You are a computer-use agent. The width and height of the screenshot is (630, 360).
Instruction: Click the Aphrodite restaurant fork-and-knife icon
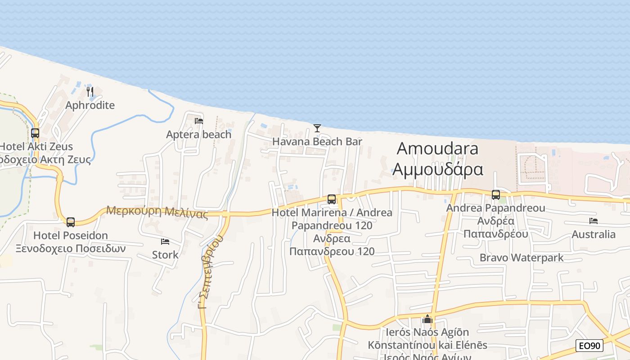[90, 92]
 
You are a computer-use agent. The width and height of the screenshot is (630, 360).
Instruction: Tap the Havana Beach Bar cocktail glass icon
[317, 128]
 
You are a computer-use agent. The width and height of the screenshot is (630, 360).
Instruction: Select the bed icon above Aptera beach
[199, 121]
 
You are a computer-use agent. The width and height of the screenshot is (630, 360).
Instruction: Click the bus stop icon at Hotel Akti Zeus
[35, 133]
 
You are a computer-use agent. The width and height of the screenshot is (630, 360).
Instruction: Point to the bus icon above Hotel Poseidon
[71, 222]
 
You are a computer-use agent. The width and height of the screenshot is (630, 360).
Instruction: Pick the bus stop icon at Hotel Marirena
[332, 199]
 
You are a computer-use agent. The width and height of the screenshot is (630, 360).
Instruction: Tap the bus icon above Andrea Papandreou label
[496, 194]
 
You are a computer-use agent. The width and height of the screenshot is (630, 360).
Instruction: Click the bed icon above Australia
[594, 221]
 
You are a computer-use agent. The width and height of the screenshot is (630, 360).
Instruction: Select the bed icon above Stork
[165, 242]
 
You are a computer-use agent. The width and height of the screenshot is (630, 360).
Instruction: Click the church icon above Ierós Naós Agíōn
[427, 319]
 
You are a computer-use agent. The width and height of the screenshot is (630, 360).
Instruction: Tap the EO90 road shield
[589, 346]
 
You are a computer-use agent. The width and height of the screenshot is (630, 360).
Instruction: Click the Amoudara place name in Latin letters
[437, 148]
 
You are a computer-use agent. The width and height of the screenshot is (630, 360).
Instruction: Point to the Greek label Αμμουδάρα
[437, 170]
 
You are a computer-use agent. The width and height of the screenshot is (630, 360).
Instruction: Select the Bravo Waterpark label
[522, 258]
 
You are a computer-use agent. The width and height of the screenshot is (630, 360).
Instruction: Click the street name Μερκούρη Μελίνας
[157, 211]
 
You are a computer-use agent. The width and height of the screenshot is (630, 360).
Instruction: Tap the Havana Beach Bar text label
[317, 142]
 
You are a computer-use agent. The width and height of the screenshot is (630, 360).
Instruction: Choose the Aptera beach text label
[199, 134]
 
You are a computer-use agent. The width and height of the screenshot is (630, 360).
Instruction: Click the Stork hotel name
[165, 255]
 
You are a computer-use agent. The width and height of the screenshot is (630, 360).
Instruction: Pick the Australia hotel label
[594, 234]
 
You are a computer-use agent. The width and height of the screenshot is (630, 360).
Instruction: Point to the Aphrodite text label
[90, 105]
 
